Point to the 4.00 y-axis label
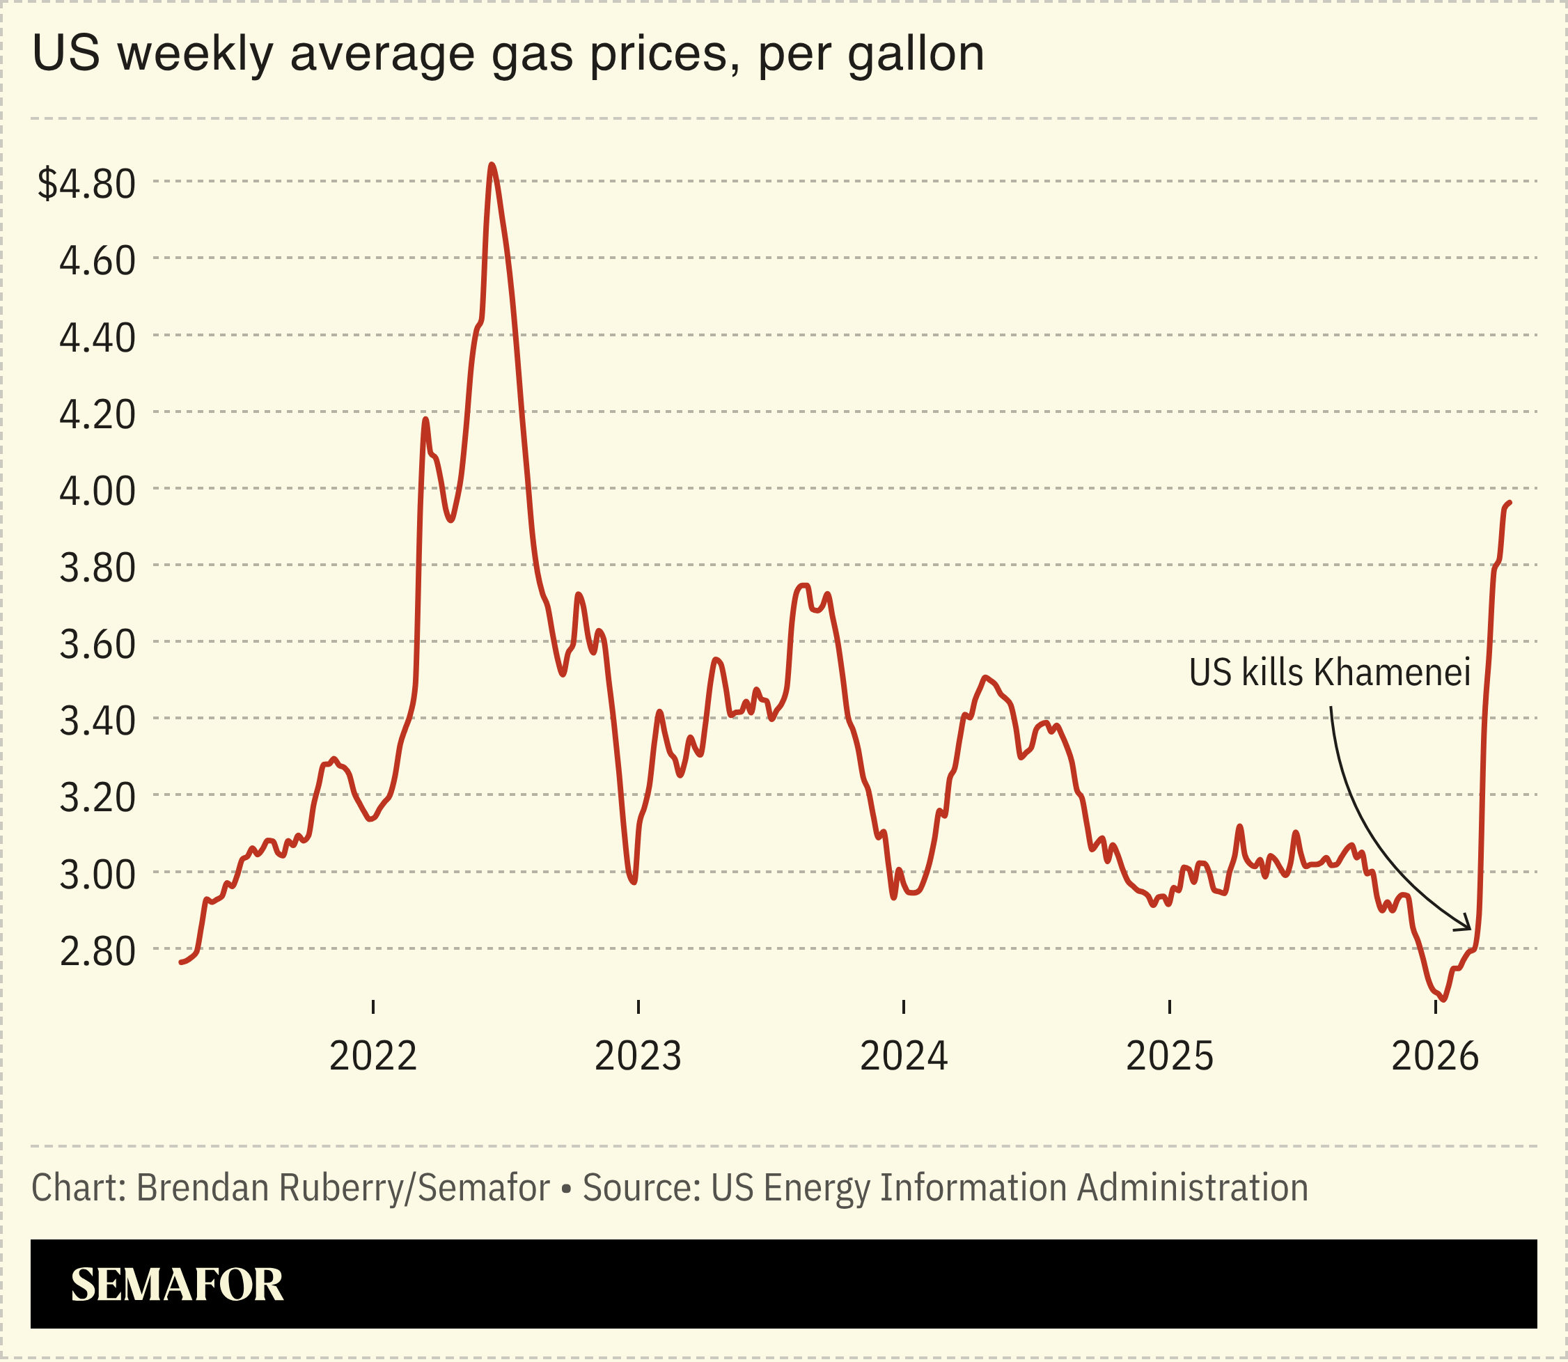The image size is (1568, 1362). (97, 491)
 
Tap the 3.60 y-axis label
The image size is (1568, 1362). (97, 645)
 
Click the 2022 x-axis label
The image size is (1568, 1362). (373, 1056)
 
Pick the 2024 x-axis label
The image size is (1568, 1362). (904, 1056)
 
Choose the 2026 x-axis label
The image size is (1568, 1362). (1435, 1056)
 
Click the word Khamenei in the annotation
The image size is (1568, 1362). (1393, 673)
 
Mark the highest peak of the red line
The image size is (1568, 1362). (492, 164)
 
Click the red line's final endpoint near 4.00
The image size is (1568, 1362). (1510, 502)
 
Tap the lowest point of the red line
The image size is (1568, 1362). (1443, 999)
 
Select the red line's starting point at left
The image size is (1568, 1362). (181, 963)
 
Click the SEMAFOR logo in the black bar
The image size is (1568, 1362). (176, 1285)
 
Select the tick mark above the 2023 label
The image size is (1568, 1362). (638, 1007)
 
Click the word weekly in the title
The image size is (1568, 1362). (194, 55)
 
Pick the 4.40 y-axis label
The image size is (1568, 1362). (97, 338)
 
